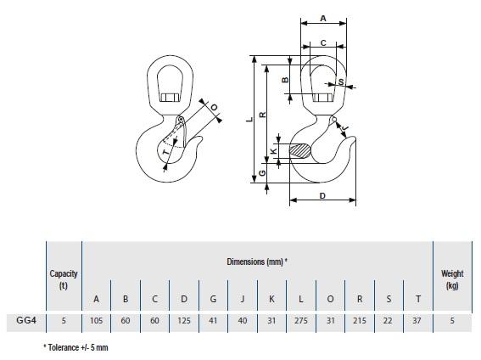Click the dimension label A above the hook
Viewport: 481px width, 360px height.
point(323,19)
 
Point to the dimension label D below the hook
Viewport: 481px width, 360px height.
point(322,196)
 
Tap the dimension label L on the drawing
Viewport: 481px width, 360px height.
point(250,120)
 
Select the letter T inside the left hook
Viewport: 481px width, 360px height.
point(165,152)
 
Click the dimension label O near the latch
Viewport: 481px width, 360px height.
point(215,107)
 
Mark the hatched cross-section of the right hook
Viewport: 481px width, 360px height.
point(300,151)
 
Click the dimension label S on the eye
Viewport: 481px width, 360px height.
point(341,82)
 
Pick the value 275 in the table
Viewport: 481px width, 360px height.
point(301,321)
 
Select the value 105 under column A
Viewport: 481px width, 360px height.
point(97,321)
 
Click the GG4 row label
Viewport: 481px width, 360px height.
point(26,320)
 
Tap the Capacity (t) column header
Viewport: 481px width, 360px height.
point(64,279)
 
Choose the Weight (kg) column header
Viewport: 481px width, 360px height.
point(452,279)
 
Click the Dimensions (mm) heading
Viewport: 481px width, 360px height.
point(257,262)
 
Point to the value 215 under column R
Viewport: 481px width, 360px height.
point(360,321)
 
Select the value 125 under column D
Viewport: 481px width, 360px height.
point(184,321)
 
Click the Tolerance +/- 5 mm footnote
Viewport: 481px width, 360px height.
point(76,347)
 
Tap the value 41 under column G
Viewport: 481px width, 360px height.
point(213,321)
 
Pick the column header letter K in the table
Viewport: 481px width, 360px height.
point(271,299)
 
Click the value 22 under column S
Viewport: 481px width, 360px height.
point(388,321)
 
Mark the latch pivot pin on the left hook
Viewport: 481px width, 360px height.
point(182,119)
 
